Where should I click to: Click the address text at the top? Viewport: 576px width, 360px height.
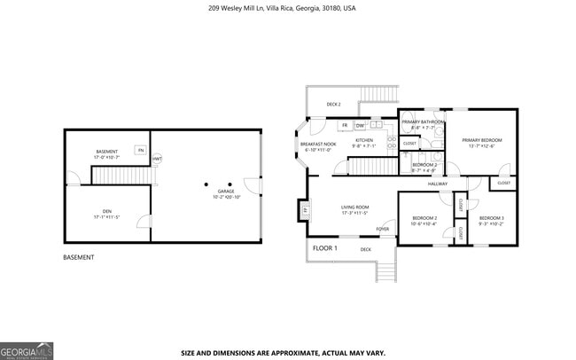tap(282, 8)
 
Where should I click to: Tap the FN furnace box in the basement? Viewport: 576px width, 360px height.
tap(140, 150)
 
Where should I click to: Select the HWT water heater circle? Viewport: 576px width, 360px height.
tap(157, 159)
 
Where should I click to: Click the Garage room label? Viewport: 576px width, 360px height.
tap(226, 193)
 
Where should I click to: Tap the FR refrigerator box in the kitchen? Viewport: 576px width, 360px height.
tap(345, 126)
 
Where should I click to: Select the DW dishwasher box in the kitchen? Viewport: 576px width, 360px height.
tap(361, 126)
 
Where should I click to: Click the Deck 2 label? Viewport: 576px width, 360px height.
tap(333, 104)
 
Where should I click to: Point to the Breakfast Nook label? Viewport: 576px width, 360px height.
tap(318, 146)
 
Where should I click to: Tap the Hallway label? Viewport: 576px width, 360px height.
tap(438, 184)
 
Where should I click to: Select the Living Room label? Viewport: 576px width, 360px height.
tap(354, 210)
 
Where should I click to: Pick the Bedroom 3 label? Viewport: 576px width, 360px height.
tap(491, 220)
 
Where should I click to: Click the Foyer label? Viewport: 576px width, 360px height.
tap(383, 229)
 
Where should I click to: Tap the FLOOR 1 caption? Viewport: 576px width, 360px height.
tap(324, 248)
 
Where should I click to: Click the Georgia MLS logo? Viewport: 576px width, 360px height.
tap(27, 350)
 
